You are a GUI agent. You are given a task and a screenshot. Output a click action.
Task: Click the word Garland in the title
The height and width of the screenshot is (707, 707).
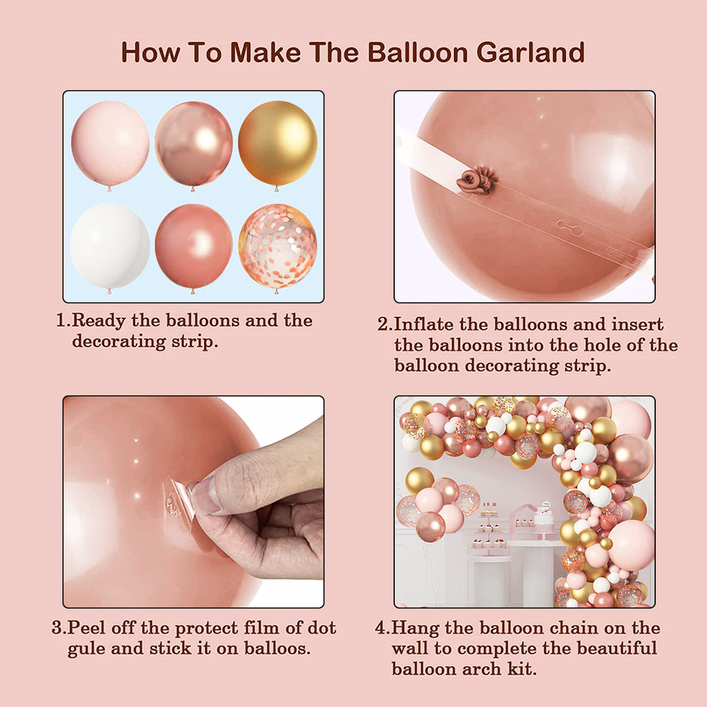coord(530,52)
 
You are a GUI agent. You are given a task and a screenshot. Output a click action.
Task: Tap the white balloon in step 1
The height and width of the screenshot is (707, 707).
coord(110,246)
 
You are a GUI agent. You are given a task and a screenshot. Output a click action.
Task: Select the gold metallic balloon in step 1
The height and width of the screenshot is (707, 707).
coord(278,143)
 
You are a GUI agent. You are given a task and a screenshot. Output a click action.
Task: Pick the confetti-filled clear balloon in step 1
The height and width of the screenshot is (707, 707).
coord(278,246)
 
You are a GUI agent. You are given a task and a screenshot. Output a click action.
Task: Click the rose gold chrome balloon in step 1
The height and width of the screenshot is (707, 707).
coord(194,144)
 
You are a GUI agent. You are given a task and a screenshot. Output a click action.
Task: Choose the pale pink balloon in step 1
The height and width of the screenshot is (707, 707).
coord(110,144)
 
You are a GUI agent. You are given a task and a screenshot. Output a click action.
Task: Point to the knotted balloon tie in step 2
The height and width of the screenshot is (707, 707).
coord(476,181)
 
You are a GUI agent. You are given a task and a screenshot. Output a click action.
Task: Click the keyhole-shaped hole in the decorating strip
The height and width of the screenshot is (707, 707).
coord(570,228)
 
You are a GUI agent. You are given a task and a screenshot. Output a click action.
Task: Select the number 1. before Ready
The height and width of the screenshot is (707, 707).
coord(64,320)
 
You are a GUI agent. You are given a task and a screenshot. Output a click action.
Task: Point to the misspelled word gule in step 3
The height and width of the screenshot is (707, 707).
coord(86,649)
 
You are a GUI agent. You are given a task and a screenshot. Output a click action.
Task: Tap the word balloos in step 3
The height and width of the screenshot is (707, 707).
coord(278,648)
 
